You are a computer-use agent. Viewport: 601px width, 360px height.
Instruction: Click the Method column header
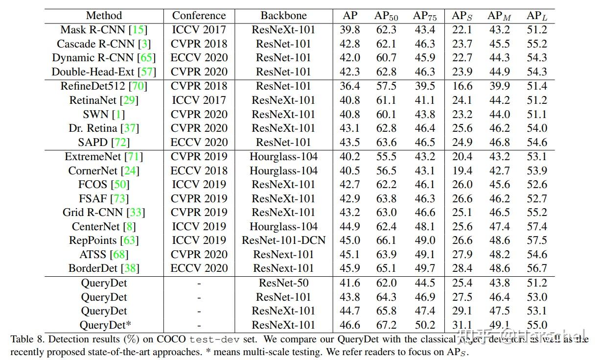pos(104,16)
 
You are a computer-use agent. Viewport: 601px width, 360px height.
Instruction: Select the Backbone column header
pos(283,16)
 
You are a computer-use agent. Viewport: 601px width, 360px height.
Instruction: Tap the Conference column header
pos(199,16)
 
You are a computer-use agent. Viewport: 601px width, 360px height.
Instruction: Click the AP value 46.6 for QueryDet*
pos(350,325)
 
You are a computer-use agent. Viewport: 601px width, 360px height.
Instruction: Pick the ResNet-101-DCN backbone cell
pos(283,240)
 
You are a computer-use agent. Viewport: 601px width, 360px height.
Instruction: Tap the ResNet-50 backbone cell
pos(283,283)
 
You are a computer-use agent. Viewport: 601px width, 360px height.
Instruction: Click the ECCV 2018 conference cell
pos(199,170)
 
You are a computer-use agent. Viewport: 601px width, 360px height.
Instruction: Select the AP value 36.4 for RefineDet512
pos(350,86)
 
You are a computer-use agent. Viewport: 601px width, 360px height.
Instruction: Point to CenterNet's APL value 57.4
pos(537,226)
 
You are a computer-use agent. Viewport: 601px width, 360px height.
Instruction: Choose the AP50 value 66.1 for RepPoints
pos(386,240)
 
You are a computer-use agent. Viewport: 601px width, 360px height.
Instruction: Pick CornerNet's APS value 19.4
pos(462,170)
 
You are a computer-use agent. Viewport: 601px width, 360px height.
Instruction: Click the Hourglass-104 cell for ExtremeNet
pos(283,157)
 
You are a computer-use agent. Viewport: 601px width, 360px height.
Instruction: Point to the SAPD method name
pos(93,142)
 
